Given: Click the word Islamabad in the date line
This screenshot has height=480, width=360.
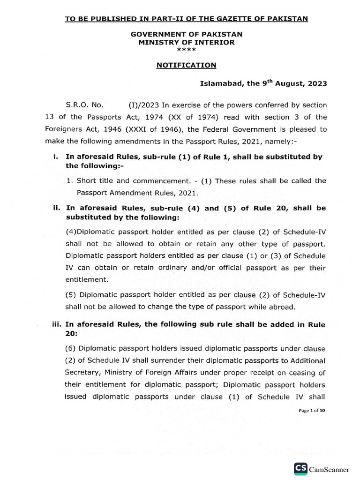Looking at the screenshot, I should [217, 84].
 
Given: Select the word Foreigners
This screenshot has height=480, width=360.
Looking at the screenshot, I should [63, 128].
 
